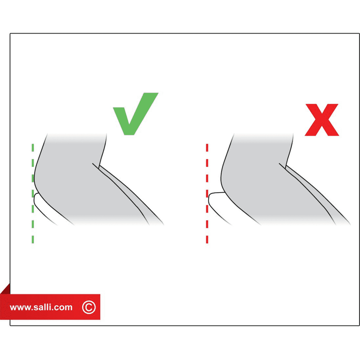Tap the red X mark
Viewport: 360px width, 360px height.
click(322, 120)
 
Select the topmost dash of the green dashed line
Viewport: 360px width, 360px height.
click(33, 148)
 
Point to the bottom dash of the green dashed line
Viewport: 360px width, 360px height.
click(33, 239)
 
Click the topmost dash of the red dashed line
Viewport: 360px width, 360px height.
click(207, 148)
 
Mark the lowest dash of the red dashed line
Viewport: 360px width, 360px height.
click(207, 239)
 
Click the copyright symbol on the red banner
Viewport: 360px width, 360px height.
click(89, 307)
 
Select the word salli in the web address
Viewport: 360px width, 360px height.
click(46, 307)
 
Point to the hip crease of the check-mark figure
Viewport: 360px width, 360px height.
click(96, 166)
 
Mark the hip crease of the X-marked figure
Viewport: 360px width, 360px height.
click(282, 166)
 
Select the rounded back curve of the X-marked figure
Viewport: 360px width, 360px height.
click(221, 177)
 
